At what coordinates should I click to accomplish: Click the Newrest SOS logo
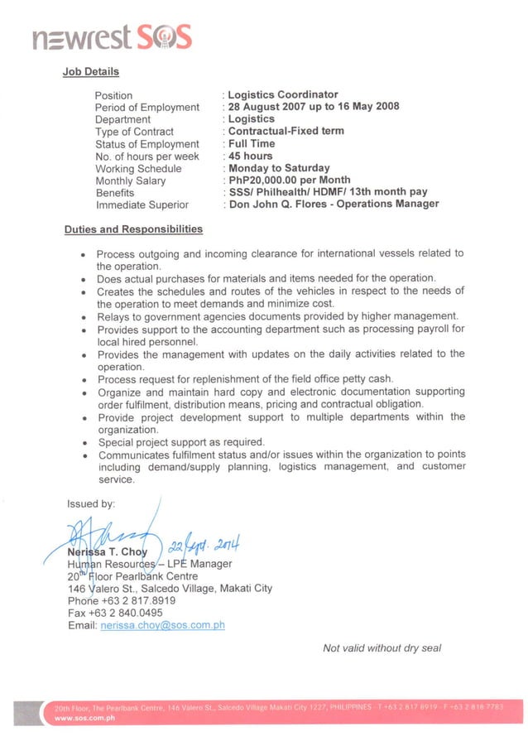[x=112, y=37]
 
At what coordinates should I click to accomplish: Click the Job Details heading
[x=91, y=72]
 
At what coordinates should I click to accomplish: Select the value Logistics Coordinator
[x=283, y=94]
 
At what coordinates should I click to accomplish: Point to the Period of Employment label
[x=147, y=108]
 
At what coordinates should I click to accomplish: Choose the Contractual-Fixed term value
[x=286, y=131]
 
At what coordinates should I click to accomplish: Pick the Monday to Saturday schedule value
[x=279, y=168]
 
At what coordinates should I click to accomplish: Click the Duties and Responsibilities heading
[x=133, y=229]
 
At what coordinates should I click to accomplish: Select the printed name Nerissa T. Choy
[x=108, y=552]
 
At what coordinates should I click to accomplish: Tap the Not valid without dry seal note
[x=382, y=648]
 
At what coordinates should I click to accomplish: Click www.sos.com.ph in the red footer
[x=84, y=719]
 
